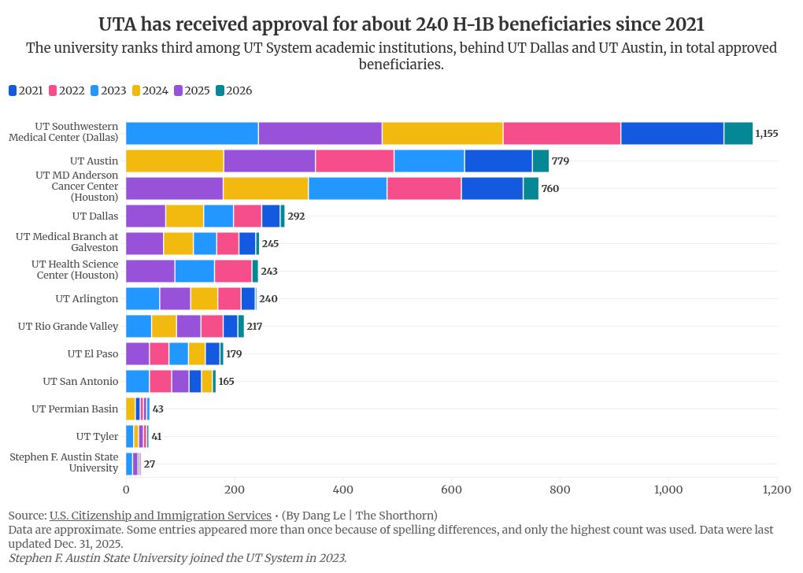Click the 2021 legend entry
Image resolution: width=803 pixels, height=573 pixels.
click(25, 91)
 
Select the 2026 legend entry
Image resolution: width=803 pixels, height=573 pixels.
click(233, 91)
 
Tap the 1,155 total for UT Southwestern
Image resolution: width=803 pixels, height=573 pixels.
click(766, 134)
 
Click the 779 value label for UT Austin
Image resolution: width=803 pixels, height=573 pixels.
click(561, 161)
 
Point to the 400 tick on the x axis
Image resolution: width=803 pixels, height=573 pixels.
click(343, 490)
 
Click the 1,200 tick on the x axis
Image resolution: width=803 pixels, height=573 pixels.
click(776, 490)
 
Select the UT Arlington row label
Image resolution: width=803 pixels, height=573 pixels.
click(87, 299)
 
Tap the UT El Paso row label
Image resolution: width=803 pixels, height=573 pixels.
click(93, 354)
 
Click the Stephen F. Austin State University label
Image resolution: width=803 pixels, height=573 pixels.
click(63, 463)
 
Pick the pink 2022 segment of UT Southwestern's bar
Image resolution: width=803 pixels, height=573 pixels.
click(561, 134)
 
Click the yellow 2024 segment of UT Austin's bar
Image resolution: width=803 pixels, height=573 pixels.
click(174, 161)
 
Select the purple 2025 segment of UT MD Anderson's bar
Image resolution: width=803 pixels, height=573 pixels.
click(174, 189)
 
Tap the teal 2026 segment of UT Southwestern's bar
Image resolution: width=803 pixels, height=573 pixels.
click(738, 134)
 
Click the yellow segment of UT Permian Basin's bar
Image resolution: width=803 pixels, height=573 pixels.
click(131, 409)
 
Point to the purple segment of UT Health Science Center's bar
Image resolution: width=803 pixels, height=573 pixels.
click(150, 272)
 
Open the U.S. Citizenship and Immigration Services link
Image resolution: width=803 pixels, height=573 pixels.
click(160, 516)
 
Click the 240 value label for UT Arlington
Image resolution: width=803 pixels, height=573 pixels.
click(268, 299)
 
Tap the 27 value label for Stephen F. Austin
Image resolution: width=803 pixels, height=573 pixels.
click(150, 464)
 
